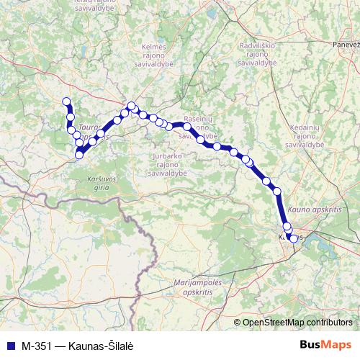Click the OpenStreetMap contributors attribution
297,323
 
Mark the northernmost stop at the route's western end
66,102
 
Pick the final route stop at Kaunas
293,239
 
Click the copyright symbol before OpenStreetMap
238,323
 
